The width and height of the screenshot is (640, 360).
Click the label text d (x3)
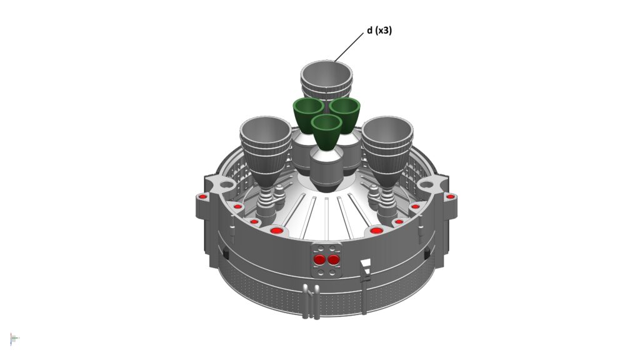coord(379,30)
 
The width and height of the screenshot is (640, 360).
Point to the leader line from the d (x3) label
coord(349,47)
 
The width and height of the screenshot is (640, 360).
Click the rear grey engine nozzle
coord(326,79)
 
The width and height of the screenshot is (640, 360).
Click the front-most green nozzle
coord(326,131)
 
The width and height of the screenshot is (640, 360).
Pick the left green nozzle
coord(308,114)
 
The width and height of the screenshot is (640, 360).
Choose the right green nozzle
coord(345,114)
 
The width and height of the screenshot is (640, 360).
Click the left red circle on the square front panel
coord(319,259)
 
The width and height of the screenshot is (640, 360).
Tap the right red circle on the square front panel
coord(334,259)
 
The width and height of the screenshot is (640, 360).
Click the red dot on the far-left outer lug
coord(202,197)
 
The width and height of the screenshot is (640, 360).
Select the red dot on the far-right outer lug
coord(450,197)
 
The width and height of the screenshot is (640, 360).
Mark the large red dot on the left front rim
coord(276,231)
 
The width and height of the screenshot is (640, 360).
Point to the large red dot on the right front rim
coord(376,231)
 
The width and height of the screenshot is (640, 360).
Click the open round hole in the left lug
coord(226,185)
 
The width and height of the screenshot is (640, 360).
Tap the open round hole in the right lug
coord(426,184)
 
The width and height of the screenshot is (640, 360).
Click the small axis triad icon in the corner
coord(14,338)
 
